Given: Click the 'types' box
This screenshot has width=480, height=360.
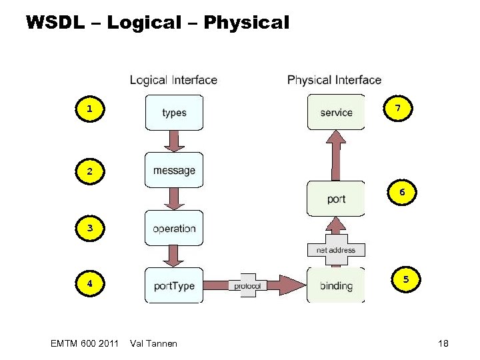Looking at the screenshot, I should pos(173,113).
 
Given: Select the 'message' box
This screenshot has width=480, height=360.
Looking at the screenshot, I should pos(173,170).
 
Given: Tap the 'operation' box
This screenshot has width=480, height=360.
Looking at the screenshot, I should pos(173,228).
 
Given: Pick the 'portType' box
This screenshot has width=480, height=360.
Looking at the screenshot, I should pos(173,285).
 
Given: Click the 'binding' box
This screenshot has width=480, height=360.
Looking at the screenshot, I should pos(336,285).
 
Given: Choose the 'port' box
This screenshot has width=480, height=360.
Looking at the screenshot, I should pos(336,199).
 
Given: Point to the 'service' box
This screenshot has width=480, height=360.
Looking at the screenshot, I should pos(336,112).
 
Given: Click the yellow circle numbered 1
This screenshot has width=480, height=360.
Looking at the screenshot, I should pos(89,108).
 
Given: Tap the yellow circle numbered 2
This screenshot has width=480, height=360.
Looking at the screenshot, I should pos(89,171).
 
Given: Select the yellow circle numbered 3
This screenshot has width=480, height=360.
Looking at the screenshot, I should pos(89,229).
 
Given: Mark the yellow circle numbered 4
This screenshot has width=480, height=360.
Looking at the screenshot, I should pos(89,283).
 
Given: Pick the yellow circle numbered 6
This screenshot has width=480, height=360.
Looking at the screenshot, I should pos(402,193).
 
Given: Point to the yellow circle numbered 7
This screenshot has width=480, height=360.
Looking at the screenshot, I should pos(398,108).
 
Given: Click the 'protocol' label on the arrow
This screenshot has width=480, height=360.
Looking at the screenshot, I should pos(247,285).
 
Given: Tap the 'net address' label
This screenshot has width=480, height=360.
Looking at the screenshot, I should pos(336,250).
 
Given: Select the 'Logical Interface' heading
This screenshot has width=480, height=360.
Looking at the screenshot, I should pos(173,80).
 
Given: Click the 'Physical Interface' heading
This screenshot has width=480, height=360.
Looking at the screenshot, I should pos(334,80).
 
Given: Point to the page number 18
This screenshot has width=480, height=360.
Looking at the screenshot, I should pos(443,343).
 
